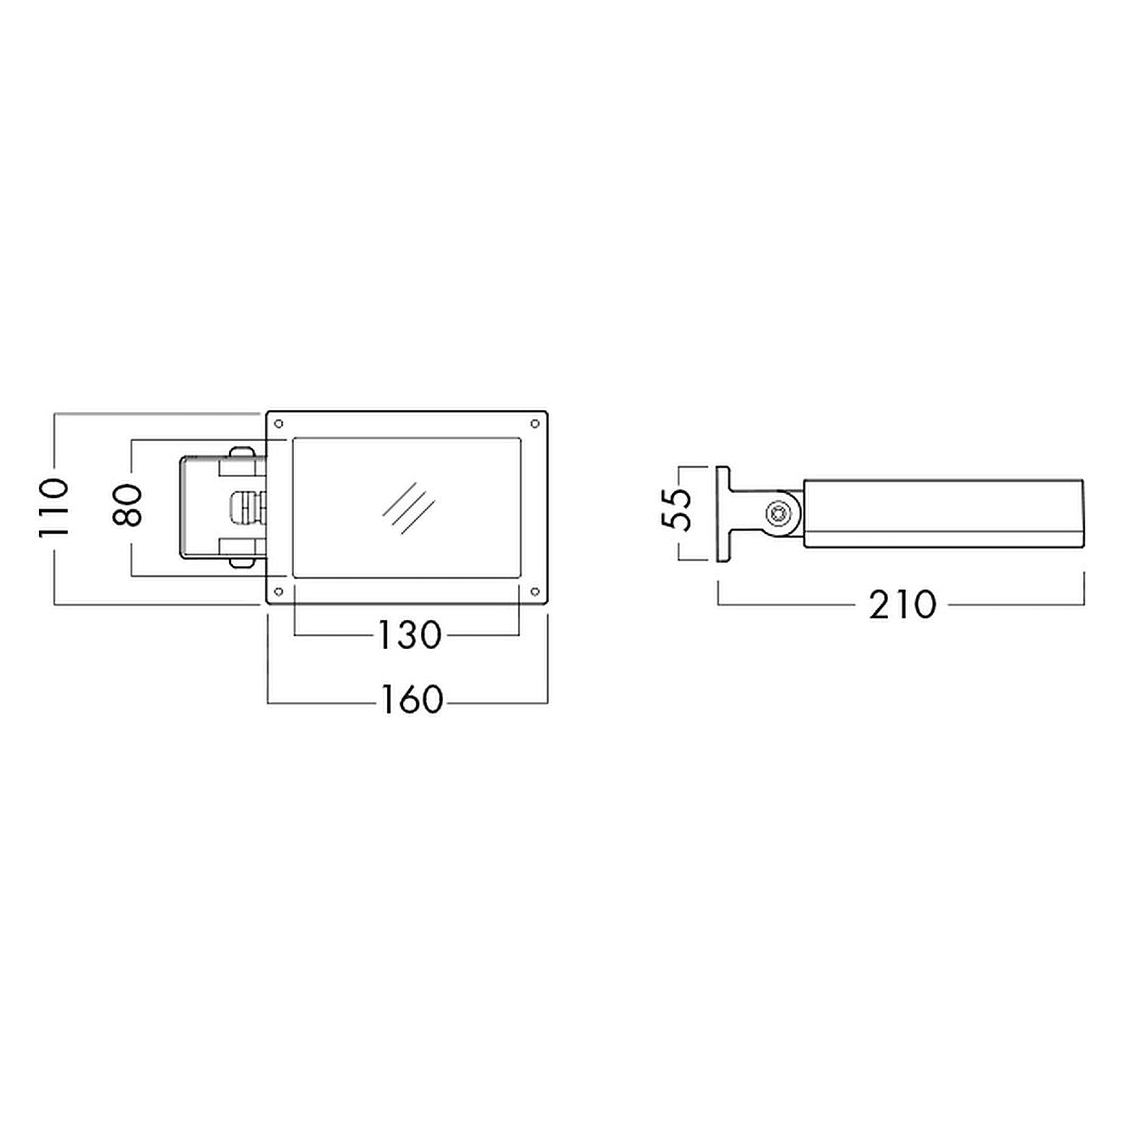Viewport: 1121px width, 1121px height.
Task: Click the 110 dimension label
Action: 54,508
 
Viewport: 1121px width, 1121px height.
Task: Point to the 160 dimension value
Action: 411,699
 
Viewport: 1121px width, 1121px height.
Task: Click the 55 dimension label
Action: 677,509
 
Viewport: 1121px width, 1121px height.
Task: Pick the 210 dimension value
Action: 902,604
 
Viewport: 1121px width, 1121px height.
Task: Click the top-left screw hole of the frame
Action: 279,424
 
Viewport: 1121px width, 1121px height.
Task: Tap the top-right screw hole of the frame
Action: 535,424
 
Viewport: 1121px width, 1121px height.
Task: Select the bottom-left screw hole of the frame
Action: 279,592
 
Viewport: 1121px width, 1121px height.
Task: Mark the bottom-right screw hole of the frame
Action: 535,592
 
